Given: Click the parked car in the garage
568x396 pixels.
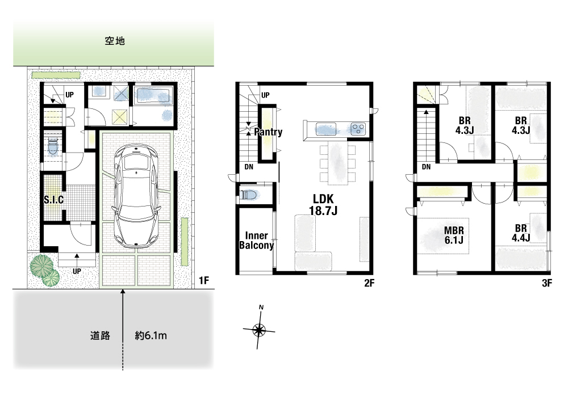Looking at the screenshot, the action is tap(136, 196).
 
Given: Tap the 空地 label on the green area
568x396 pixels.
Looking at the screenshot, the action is tap(115, 41).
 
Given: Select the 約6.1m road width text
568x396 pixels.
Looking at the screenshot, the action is tap(151, 335).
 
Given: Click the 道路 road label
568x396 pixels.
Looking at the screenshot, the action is tap(100, 335).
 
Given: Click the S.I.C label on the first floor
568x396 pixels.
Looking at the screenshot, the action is tap(53, 200).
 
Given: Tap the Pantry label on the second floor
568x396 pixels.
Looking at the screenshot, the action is tap(268, 132).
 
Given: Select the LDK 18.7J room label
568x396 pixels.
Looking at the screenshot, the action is tap(323, 204).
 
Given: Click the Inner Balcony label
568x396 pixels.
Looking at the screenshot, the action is tap(257, 241).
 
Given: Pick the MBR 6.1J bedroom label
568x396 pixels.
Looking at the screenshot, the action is tap(454, 235).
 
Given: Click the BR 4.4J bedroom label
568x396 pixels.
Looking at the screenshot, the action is tap(521, 233).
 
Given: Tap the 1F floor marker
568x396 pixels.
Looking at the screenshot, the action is tap(204, 280).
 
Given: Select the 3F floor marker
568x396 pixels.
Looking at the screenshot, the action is tap(547, 283).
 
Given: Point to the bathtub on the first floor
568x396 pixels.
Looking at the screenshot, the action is tap(154, 95).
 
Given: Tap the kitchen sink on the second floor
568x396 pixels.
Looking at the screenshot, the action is tap(325, 129).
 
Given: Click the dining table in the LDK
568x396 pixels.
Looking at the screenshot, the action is tap(338, 163).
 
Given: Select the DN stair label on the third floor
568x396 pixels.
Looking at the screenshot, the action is tap(427, 167).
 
